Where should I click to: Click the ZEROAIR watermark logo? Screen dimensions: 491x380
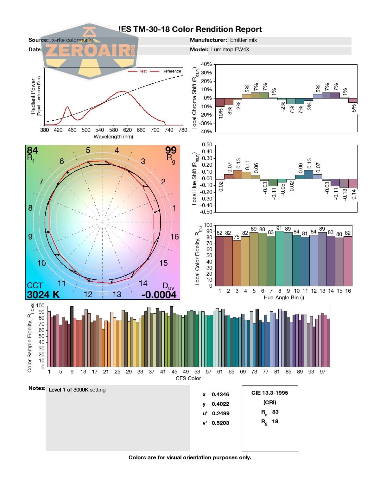point(90,51)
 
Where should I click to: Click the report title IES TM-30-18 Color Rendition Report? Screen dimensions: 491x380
point(190,29)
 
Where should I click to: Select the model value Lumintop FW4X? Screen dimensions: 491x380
point(230,50)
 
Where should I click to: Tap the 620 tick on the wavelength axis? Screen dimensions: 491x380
point(127,130)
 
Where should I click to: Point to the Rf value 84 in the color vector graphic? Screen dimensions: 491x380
point(33,150)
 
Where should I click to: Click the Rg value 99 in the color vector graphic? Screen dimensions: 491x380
point(171,150)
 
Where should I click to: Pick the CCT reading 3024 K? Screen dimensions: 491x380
point(43,295)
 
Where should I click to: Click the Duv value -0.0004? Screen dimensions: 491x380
point(159,295)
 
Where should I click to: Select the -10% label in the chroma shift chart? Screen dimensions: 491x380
point(221,114)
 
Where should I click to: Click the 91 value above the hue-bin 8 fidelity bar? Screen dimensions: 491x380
point(279,228)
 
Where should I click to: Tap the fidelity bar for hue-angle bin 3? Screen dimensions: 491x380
point(237,263)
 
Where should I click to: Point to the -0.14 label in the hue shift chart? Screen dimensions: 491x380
point(353,194)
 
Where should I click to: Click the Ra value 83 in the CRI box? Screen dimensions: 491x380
point(275,412)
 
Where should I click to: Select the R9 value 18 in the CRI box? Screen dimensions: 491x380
point(275,421)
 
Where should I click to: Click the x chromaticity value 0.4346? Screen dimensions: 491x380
point(220,394)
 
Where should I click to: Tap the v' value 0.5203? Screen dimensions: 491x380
point(220,423)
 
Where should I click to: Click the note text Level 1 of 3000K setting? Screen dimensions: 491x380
point(77,390)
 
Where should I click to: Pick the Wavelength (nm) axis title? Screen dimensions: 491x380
point(113,137)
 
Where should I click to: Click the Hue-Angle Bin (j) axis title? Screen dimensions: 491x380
point(284,298)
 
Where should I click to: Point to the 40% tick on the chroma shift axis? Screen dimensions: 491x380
point(206,64)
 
